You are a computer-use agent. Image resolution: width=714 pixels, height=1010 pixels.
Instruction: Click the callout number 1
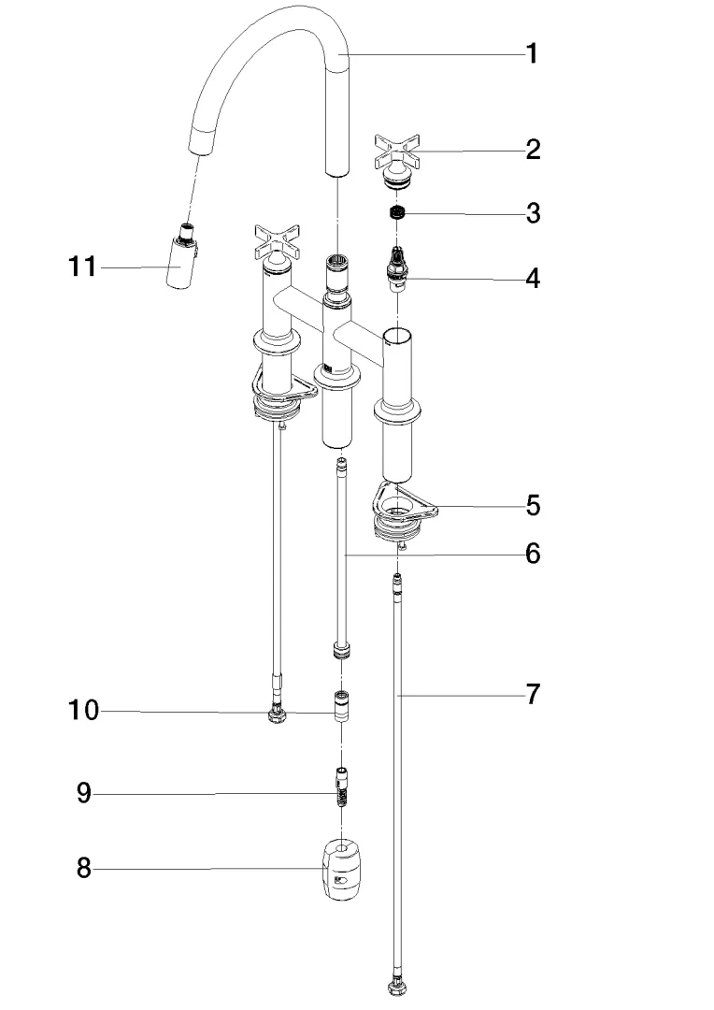(x=531, y=54)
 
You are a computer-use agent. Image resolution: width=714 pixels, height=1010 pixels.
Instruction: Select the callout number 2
(x=533, y=150)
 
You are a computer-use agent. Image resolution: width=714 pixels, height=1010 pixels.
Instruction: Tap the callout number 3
(x=533, y=213)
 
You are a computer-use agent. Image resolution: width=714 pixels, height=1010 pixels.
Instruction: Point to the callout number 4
(x=533, y=278)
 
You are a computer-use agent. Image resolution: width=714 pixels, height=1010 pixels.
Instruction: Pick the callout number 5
(x=533, y=506)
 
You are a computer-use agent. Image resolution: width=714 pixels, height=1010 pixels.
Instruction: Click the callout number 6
(x=533, y=554)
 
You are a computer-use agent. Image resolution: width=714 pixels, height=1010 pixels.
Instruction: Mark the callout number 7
(x=533, y=694)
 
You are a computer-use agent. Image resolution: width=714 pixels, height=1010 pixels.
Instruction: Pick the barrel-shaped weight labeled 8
(x=342, y=870)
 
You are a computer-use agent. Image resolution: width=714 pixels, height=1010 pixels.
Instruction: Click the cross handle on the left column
(x=277, y=241)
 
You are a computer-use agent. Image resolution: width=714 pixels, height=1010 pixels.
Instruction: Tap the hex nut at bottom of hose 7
(x=396, y=985)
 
